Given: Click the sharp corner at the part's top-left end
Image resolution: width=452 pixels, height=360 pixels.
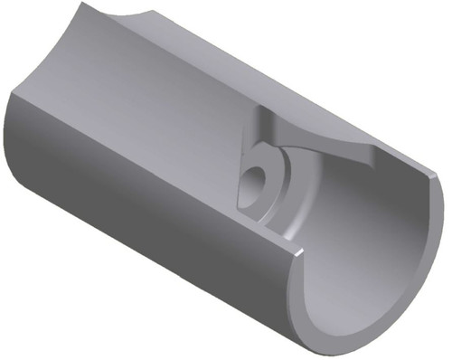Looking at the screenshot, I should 82,4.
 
